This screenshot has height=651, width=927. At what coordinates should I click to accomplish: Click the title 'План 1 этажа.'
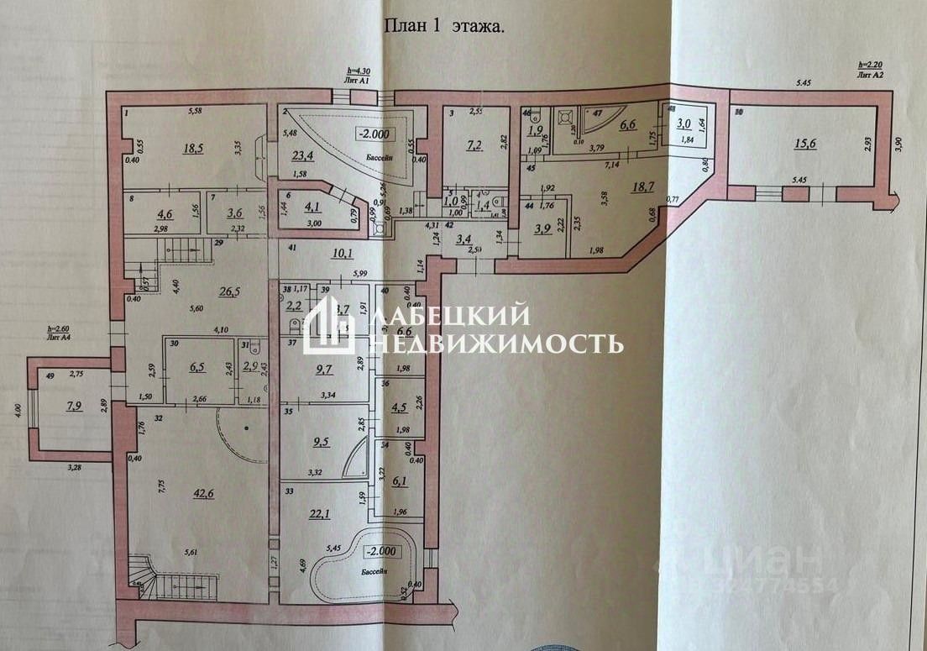pyautogui.click(x=445, y=26)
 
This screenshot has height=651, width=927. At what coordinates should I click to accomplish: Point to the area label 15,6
pyautogui.click(x=804, y=144)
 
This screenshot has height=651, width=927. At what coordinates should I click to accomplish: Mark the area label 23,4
pyautogui.click(x=301, y=155)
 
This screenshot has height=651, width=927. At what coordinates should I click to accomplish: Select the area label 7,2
pyautogui.click(x=472, y=145)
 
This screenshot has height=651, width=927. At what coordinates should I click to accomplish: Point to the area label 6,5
pyautogui.click(x=198, y=367)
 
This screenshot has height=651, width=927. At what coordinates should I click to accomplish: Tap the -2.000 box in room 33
pyautogui.click(x=382, y=553)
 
